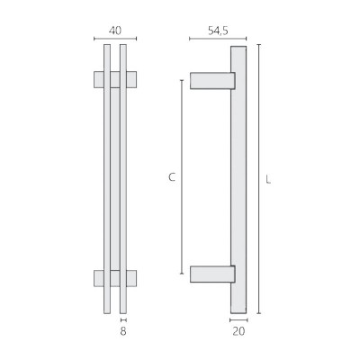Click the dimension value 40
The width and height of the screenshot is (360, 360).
[x=114, y=30]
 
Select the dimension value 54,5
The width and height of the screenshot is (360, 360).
[x=218, y=30]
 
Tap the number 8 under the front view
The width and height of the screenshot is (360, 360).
[x=123, y=331]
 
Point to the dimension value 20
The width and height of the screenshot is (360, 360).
[x=238, y=331]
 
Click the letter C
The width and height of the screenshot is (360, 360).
[x=171, y=178]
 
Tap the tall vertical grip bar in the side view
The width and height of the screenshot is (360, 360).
[x=238, y=180]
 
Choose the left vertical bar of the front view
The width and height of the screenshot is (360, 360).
[x=107, y=180]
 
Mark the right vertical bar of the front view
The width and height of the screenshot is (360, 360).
[x=123, y=180]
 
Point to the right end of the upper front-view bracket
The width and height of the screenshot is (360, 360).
[x=133, y=80]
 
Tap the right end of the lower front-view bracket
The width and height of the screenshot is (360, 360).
[x=133, y=276]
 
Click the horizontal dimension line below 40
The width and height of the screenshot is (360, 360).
[x=115, y=39]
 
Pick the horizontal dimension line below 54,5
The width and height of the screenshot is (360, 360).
[x=218, y=39]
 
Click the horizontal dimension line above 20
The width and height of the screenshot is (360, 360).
[x=238, y=319]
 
